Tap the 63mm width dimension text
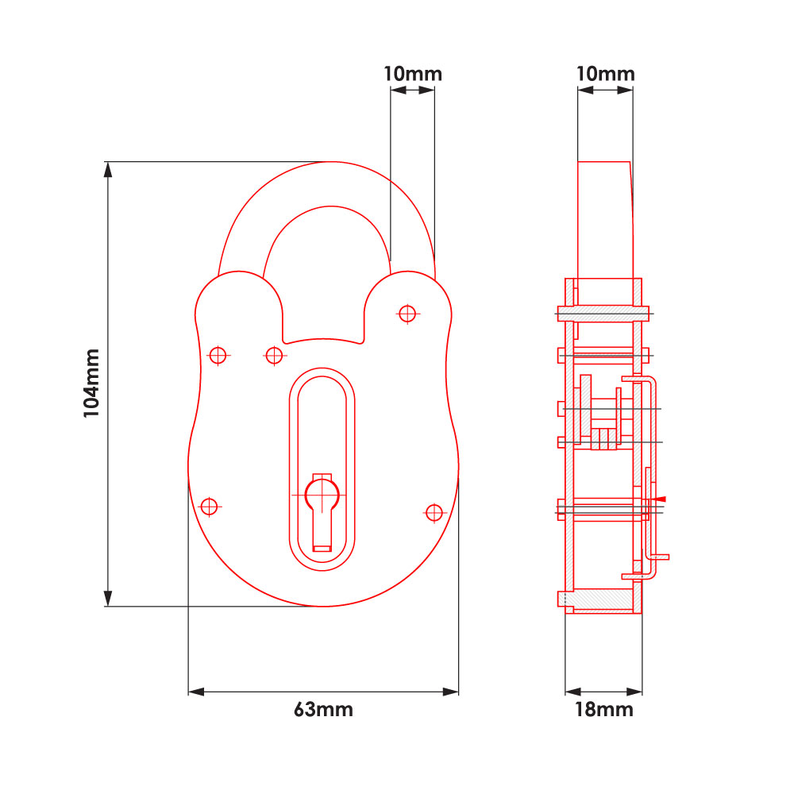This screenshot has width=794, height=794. coord(323,710)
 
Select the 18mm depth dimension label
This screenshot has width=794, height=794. coord(604,710)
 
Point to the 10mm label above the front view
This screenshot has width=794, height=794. coord(412,74)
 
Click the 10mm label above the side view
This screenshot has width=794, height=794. coord(605,74)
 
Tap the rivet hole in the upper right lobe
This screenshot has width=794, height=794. coord(407,314)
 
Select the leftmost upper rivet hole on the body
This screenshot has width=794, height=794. coord(218,355)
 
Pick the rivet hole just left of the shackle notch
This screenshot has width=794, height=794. coord(274,355)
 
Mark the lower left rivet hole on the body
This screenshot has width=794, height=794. coord(209,506)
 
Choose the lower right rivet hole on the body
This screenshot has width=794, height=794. coord(434,513)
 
